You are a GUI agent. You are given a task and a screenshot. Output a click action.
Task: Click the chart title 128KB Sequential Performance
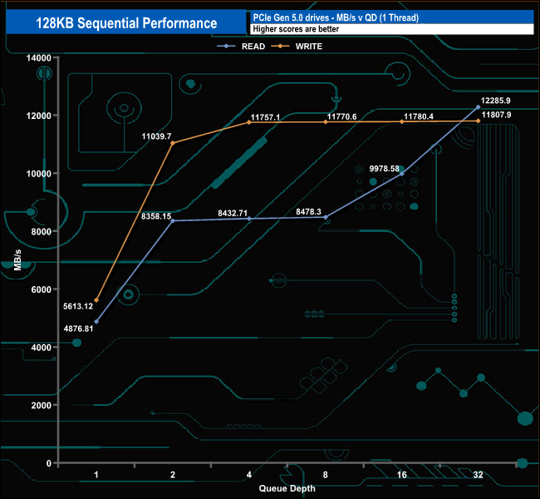coord(126,23)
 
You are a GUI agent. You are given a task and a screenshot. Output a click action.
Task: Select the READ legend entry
coord(248,47)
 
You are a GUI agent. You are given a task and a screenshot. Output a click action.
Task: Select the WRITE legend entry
coord(307,47)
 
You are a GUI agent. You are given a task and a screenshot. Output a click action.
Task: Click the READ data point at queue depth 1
coord(97,321)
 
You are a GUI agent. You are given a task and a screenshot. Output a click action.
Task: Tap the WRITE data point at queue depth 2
coord(173,143)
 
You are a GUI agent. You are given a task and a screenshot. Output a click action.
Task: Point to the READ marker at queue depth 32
coord(479,106)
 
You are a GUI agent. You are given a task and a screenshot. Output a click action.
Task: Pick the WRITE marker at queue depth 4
coord(249,122)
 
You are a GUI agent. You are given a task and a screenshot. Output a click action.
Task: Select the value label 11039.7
coord(156,136)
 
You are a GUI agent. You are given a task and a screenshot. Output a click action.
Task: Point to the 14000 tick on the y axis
coord(39,57)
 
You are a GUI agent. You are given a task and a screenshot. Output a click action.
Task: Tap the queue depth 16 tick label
coord(402,474)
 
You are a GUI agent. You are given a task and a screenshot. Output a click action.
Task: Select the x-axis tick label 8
coord(326,474)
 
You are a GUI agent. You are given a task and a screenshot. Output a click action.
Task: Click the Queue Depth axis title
coord(287,489)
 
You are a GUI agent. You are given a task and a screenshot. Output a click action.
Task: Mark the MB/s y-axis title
coord(18,260)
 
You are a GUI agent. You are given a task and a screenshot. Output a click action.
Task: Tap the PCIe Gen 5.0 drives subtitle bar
coord(390,17)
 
